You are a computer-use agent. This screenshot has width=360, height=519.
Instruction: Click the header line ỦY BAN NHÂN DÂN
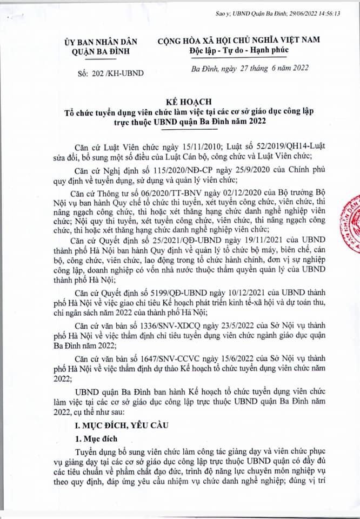pos(101,41)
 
